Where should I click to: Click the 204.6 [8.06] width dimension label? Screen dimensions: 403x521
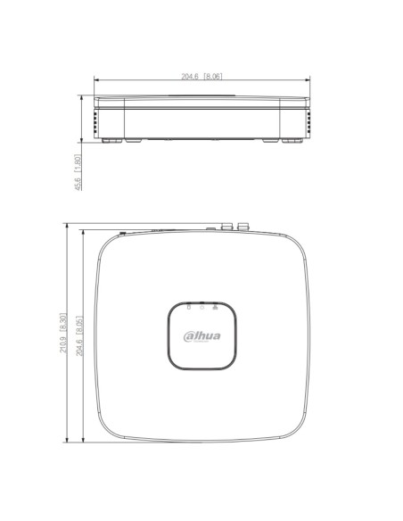coord(201,77)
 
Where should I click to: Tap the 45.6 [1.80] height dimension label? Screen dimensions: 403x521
coord(78,172)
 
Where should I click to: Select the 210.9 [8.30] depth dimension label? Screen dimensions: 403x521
coord(63,332)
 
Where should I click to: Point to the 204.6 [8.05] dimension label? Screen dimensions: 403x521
coord(79,335)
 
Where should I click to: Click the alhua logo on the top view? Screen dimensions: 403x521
coord(201,336)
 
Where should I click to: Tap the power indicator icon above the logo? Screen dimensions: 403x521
coord(201,307)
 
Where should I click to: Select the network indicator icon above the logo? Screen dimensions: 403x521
coord(215,307)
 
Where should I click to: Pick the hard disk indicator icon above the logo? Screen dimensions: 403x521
coord(189,307)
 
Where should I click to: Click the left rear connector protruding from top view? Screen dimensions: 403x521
coord(227,227)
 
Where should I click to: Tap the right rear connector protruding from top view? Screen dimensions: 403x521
coord(243,227)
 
